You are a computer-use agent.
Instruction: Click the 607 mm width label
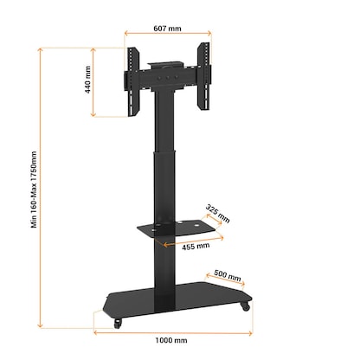[168, 29]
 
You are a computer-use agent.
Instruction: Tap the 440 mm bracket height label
[89, 80]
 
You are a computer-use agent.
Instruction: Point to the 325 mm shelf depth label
[218, 214]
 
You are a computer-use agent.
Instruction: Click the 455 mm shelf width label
[196, 245]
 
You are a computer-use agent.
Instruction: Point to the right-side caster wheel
[246, 305]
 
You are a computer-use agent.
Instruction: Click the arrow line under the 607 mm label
[168, 36]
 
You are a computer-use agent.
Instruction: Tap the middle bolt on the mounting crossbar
[169, 75]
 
